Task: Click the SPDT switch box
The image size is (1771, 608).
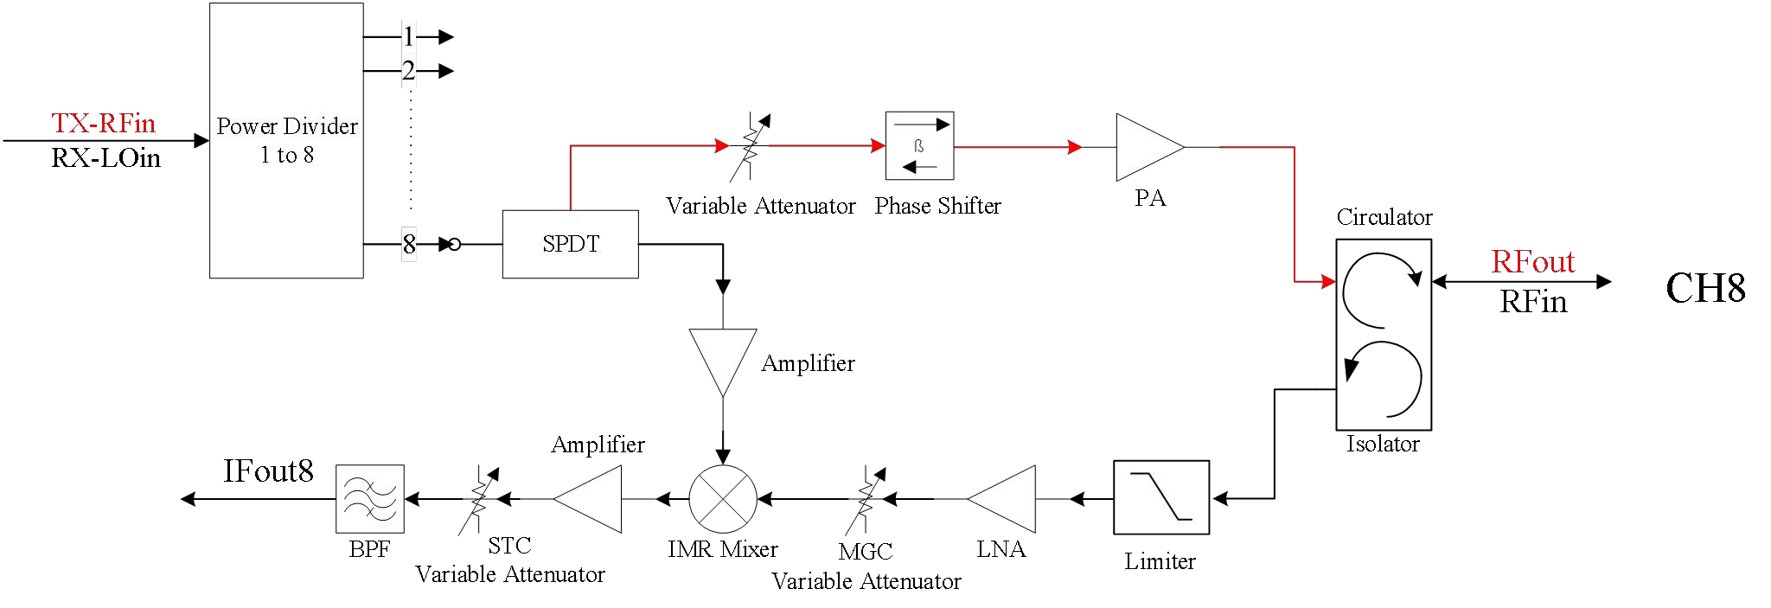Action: [570, 244]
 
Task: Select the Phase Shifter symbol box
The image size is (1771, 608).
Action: [919, 145]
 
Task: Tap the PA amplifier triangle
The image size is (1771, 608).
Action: [1145, 147]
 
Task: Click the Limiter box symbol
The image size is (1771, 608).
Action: [1160, 497]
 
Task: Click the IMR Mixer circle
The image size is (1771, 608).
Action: [722, 499]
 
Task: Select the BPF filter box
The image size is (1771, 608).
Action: [369, 499]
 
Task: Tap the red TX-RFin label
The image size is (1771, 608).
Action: [103, 123]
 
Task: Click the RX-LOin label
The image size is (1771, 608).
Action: [105, 158]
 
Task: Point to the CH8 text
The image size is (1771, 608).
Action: [1704, 288]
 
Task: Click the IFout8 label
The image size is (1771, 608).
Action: [268, 471]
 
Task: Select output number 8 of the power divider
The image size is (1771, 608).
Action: [409, 244]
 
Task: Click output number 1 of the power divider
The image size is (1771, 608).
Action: [409, 36]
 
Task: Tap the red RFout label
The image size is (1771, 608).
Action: [1532, 262]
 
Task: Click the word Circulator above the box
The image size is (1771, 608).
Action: [1384, 217]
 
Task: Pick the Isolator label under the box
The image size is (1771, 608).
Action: [1382, 445]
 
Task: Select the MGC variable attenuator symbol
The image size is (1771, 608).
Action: [866, 499]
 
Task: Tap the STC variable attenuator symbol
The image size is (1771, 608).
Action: [477, 499]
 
